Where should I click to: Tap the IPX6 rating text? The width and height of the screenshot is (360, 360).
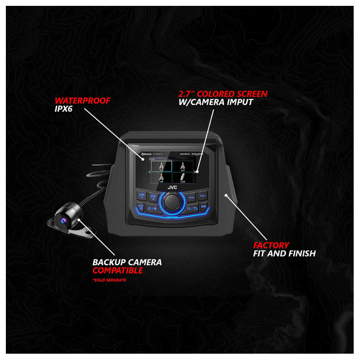(65, 109)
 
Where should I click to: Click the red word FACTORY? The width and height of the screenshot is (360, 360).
(271, 245)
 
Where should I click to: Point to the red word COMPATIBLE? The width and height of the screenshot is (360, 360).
(118, 270)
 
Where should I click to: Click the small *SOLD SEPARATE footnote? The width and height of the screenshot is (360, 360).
(109, 280)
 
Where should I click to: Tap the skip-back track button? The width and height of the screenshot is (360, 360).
(191, 196)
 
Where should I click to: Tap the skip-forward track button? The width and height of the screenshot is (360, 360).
(203, 196)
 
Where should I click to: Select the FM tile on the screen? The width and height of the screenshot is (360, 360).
(158, 166)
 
